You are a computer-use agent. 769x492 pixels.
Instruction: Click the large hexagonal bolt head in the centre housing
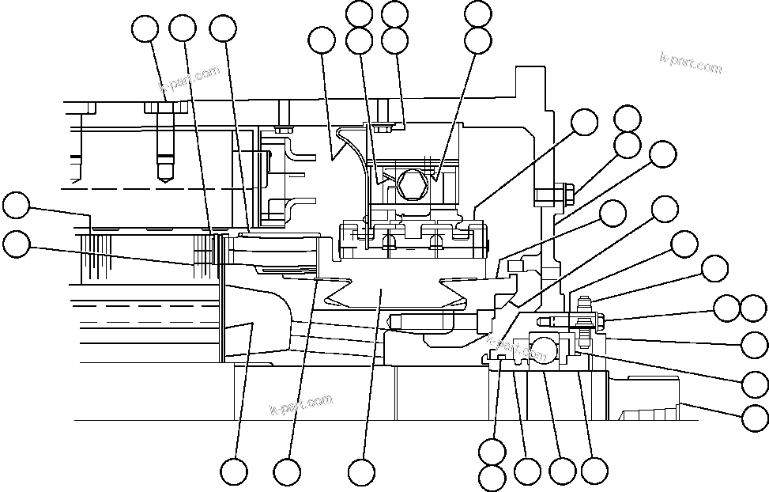411,185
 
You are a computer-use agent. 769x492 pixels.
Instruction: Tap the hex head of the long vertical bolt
164,108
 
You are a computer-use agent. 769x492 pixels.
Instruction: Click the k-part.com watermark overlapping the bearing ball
518,349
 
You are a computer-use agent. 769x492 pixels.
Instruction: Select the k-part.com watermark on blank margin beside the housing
691,63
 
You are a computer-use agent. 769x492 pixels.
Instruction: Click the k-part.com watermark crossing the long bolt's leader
189,79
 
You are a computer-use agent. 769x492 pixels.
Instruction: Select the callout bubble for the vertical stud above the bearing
714,268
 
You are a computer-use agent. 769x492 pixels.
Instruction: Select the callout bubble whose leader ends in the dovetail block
361,473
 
